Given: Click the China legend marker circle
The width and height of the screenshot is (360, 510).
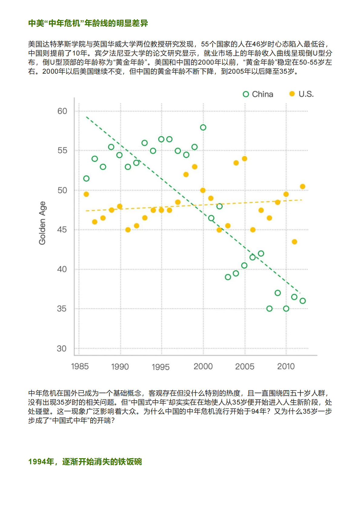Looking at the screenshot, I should click(x=246, y=94).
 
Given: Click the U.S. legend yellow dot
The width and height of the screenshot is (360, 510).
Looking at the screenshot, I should click(x=292, y=94).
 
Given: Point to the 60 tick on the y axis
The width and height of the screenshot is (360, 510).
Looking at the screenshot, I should click(x=62, y=111).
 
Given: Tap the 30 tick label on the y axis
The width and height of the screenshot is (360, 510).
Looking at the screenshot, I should click(x=61, y=348).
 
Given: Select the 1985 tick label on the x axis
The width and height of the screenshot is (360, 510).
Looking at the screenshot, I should click(x=80, y=366).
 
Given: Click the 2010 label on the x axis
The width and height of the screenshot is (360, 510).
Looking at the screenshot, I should click(x=286, y=366).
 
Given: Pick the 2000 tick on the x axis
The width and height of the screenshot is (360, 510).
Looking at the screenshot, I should click(x=203, y=366).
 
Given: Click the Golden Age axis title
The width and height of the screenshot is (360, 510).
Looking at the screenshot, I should click(x=42, y=223).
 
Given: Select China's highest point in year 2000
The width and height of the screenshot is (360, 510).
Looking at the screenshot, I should click(x=203, y=128).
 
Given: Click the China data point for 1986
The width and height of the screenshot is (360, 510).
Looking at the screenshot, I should click(x=86, y=178).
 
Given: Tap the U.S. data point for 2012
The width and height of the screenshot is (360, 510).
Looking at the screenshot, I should click(x=302, y=187).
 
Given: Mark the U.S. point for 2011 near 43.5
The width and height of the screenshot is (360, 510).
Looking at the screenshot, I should click(x=294, y=242).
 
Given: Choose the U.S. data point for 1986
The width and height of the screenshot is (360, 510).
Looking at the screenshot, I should click(x=86, y=194).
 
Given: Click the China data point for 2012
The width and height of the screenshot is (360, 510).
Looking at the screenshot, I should click(x=302, y=301).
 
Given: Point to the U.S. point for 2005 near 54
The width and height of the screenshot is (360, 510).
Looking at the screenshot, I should click(x=245, y=159).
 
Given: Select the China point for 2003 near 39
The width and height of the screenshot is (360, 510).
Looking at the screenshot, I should click(x=228, y=277).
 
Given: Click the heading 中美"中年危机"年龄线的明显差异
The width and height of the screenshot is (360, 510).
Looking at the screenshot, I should click(x=88, y=23).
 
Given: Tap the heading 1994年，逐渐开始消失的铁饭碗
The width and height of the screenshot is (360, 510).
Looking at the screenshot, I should click(x=85, y=462).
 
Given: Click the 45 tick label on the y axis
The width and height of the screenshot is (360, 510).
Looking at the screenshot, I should click(x=62, y=230).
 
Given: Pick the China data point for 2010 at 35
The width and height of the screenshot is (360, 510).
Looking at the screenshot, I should click(x=286, y=309).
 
